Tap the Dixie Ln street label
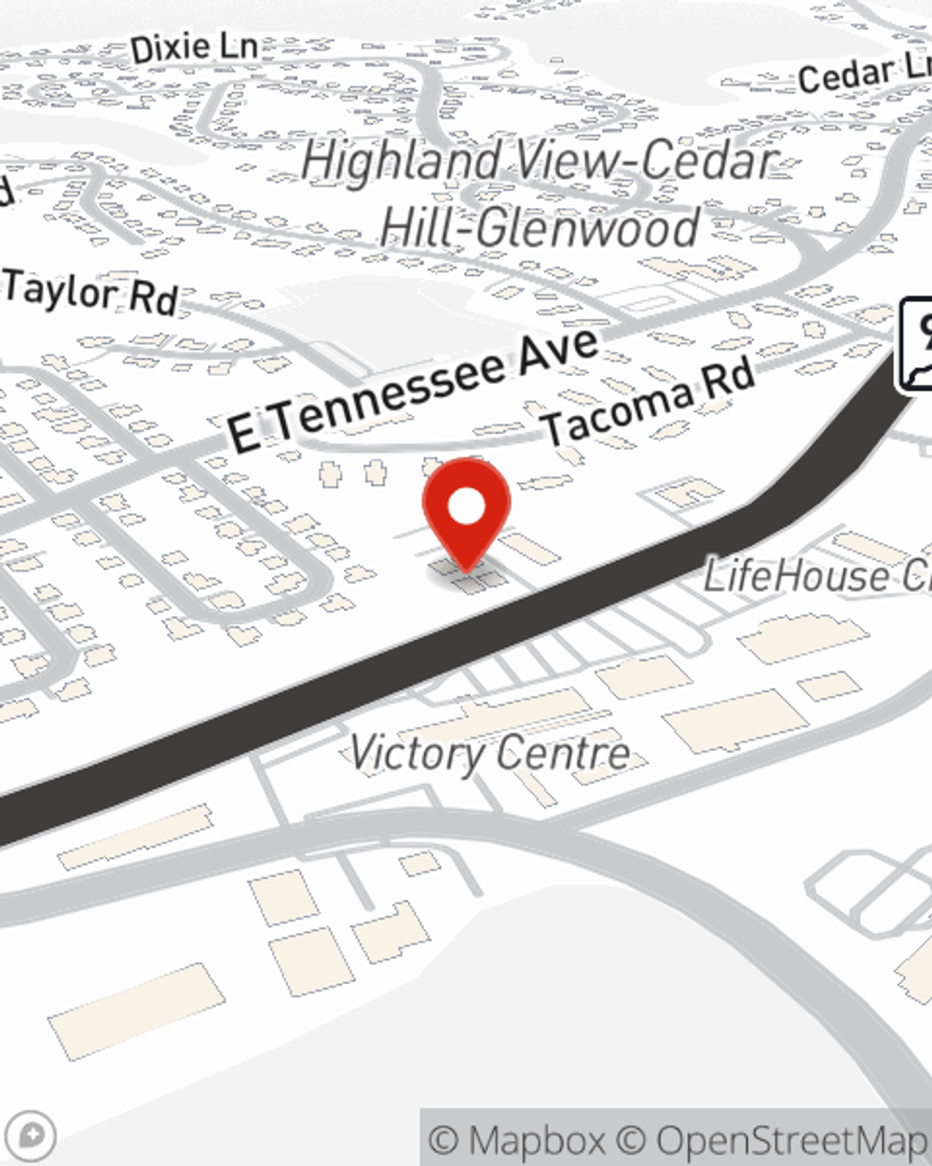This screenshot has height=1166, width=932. coord(194,48)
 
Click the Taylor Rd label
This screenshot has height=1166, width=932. coord(91,292)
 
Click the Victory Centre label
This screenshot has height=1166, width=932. coord(490,753)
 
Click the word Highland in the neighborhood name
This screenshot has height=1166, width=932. coord(401,160)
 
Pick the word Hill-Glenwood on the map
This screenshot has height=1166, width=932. coord(541,227)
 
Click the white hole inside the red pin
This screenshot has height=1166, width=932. coord(466,507)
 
